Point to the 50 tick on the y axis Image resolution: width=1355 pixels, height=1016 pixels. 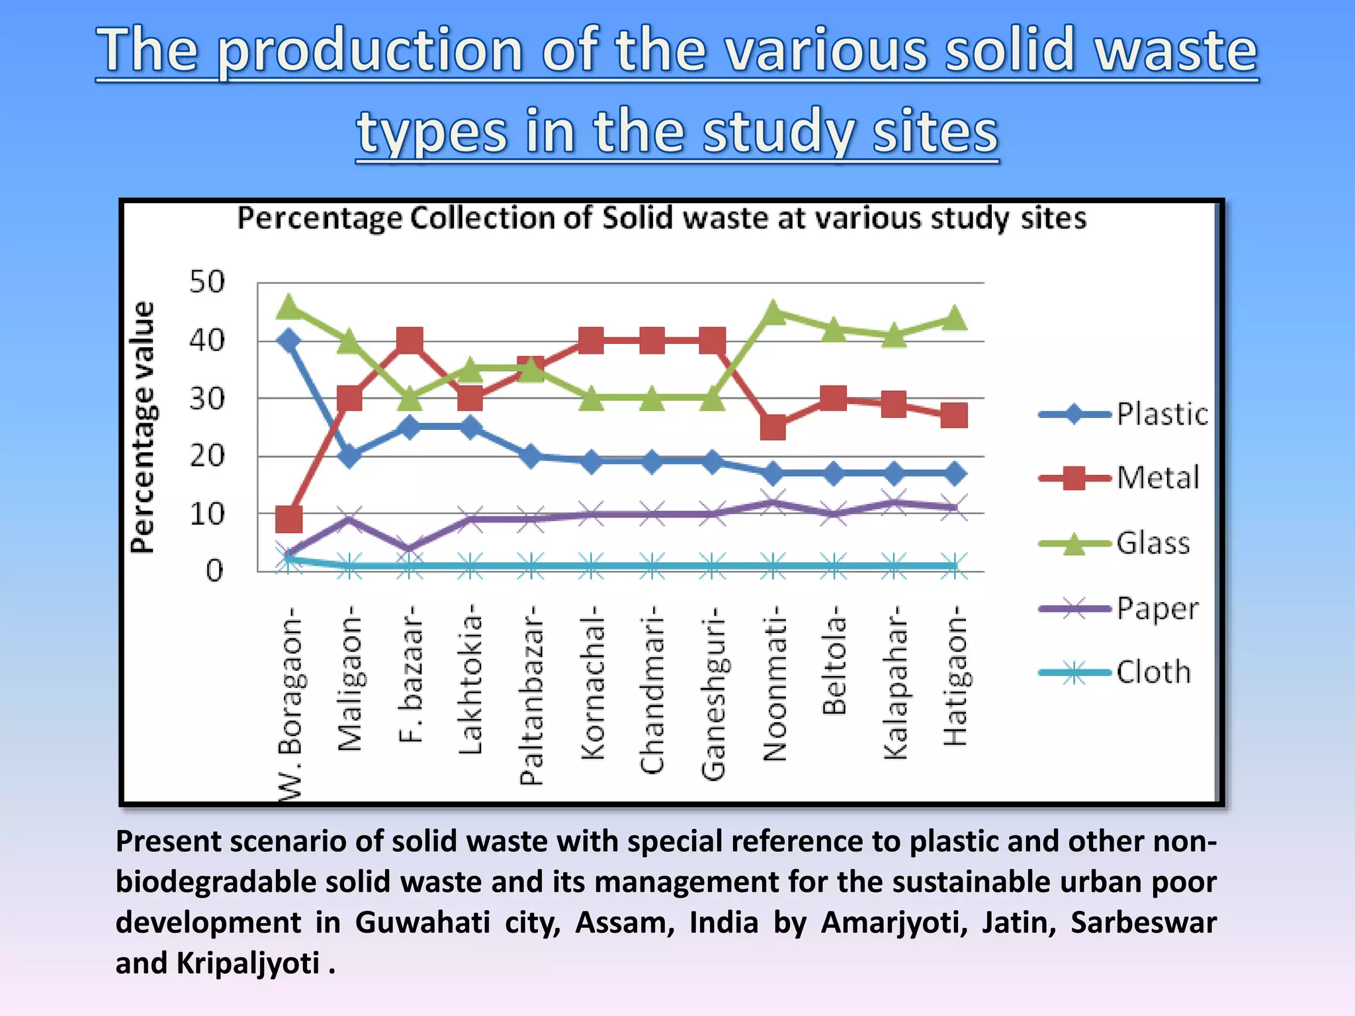pos(207,282)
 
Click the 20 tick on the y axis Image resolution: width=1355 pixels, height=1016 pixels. pos(207,456)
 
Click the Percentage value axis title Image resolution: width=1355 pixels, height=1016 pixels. pos(143,427)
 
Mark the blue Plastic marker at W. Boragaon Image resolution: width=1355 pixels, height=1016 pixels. pos(288,341)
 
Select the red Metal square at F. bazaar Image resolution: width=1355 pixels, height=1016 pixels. pos(410,341)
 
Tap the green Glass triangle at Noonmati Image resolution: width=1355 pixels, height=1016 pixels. pos(773,312)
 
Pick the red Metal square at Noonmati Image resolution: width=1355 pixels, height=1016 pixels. pos(773,427)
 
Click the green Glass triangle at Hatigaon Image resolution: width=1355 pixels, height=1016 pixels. pos(954,318)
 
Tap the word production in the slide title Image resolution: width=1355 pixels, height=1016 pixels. pos(371,51)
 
